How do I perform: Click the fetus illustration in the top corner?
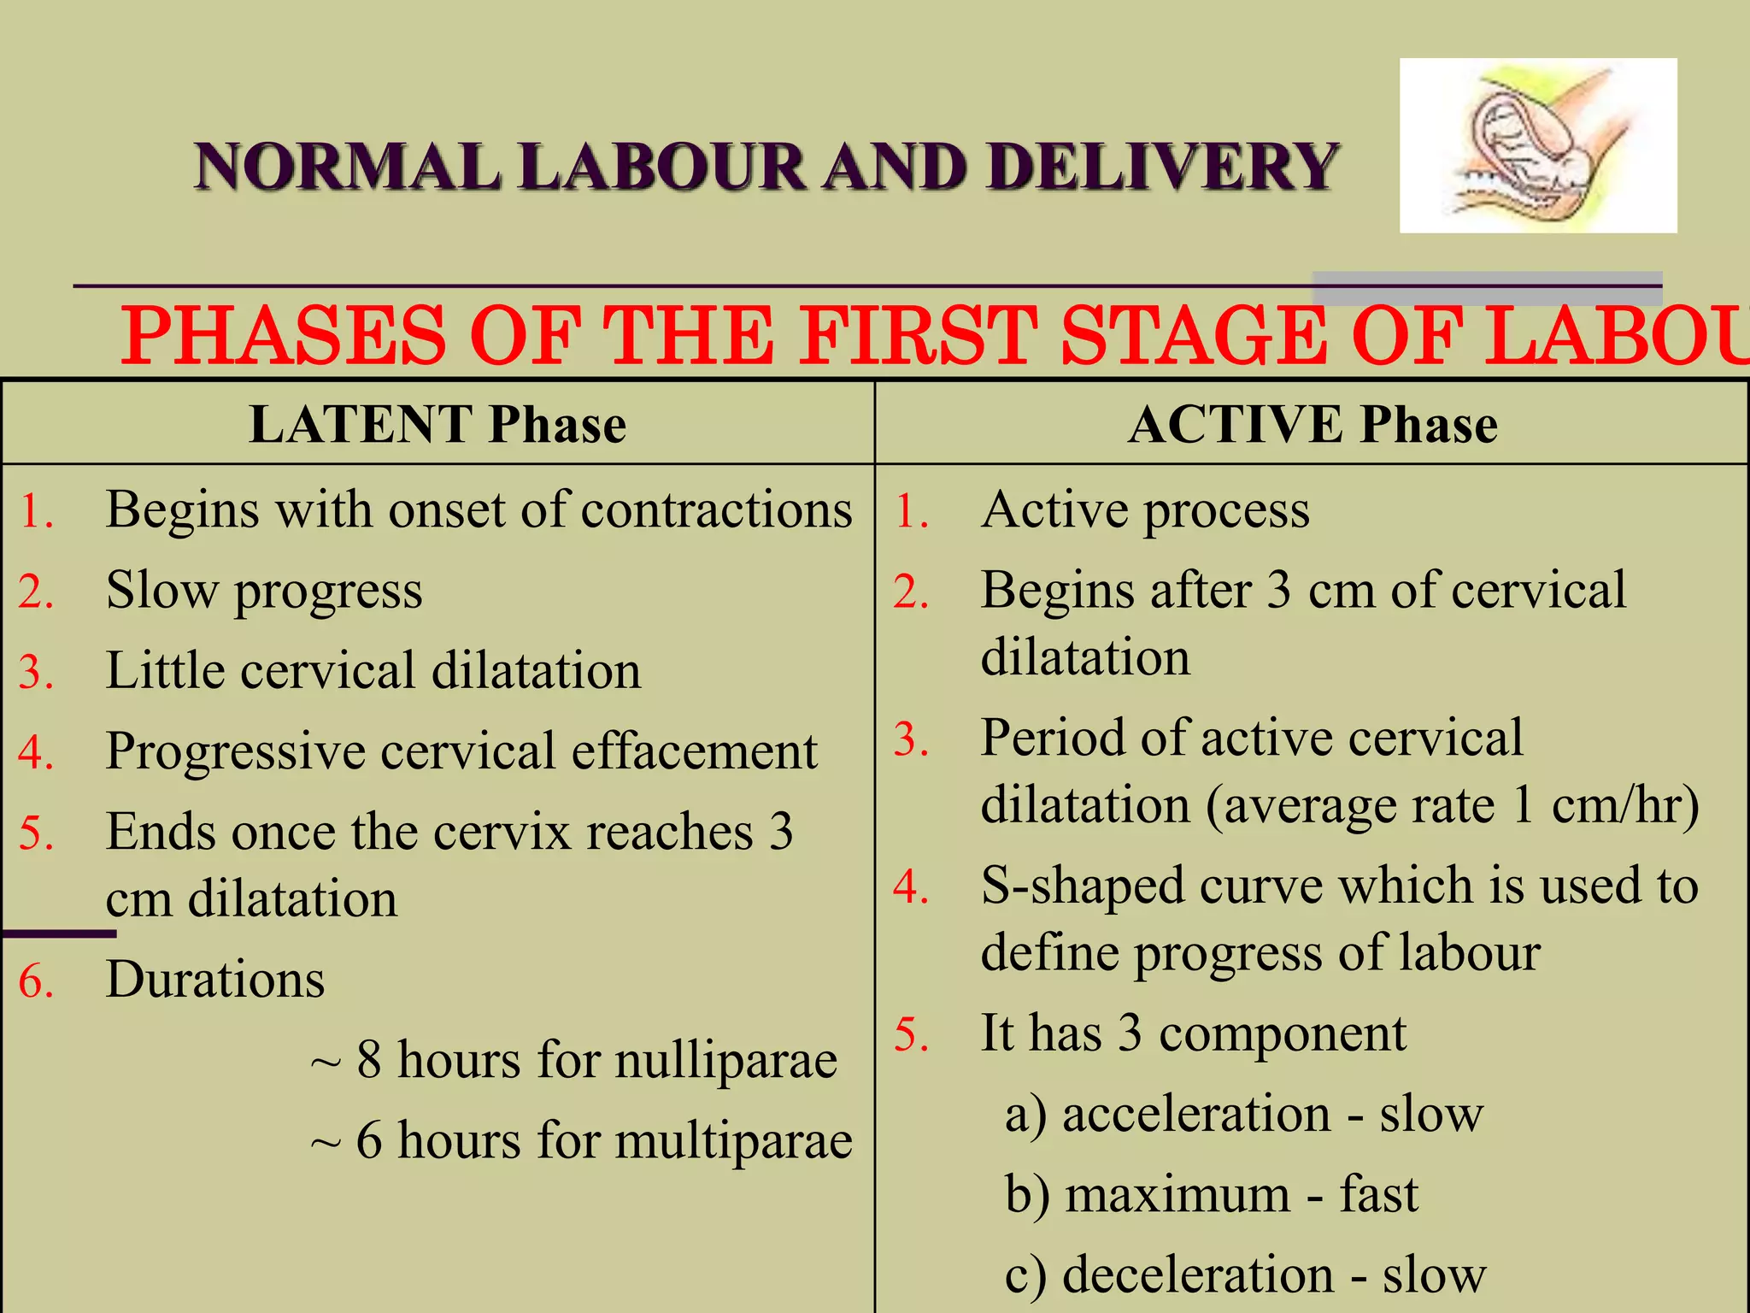1537,146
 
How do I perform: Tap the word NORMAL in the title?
346,167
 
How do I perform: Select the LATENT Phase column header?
437,425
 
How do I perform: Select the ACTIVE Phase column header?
1312,425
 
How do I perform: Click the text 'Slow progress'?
264,591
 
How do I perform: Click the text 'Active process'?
1145,510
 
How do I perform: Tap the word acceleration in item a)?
1196,1115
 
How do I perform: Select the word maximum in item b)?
1177,1195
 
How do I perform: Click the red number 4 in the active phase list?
911,887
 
